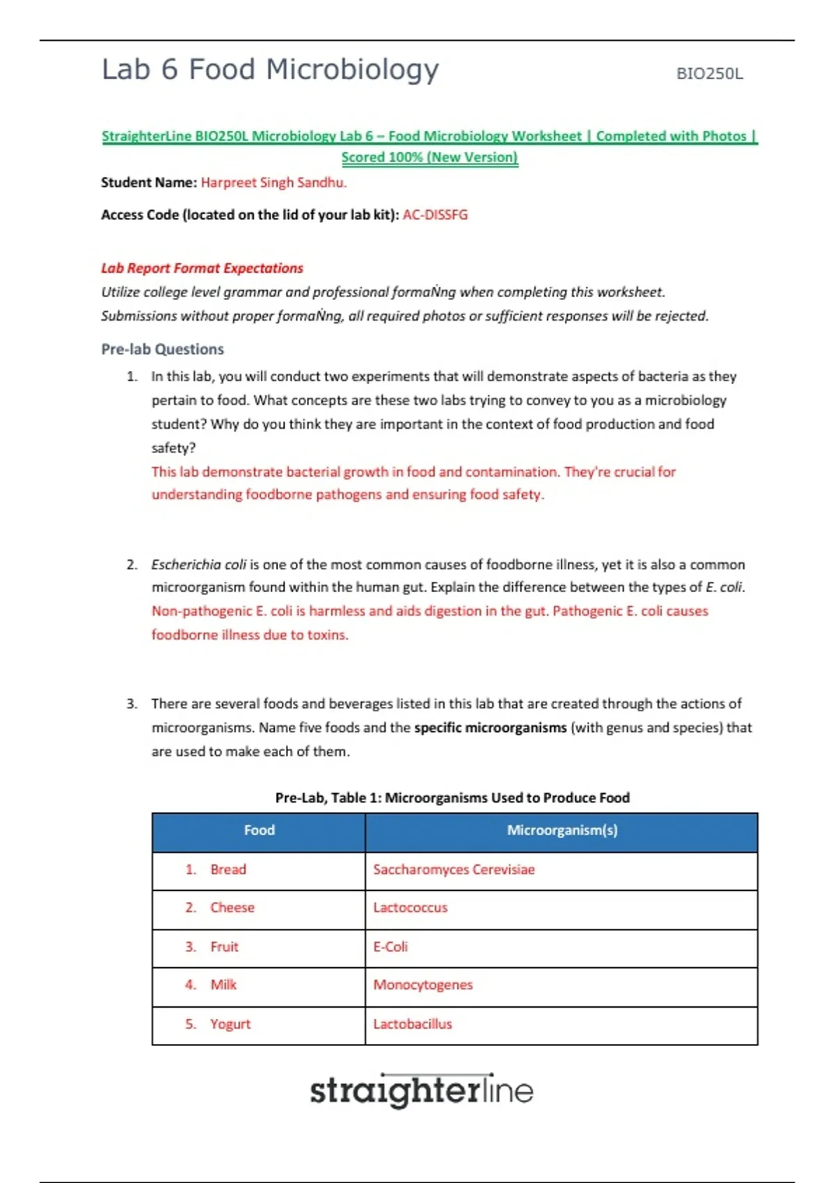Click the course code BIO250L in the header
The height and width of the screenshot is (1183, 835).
coord(709,74)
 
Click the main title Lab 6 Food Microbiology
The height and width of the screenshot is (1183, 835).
coord(270,70)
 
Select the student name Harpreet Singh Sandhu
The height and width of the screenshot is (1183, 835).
coord(273,182)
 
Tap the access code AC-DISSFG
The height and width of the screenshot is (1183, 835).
coord(435,214)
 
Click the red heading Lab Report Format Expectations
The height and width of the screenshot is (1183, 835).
coord(202,268)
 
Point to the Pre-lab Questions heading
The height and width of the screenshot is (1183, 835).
coord(162,349)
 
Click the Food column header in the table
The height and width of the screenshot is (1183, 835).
coord(259,830)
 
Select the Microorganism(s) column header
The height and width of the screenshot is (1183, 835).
coord(562,830)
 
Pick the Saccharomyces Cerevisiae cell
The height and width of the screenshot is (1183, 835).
coord(454,869)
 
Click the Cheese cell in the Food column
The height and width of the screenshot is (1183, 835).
coord(232,907)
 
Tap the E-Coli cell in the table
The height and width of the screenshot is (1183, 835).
coord(390,946)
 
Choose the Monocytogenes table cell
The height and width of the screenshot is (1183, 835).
coord(422,985)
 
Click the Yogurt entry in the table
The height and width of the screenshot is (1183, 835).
coord(230,1024)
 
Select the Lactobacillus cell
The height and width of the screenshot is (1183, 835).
coord(412,1024)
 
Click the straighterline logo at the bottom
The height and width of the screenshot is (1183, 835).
coord(422,1090)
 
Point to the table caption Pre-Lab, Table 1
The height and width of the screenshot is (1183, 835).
coord(452,797)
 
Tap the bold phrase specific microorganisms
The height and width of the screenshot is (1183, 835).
coord(490,727)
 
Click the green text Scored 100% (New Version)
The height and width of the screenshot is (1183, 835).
coord(429,157)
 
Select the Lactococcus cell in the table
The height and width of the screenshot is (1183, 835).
coord(410,907)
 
